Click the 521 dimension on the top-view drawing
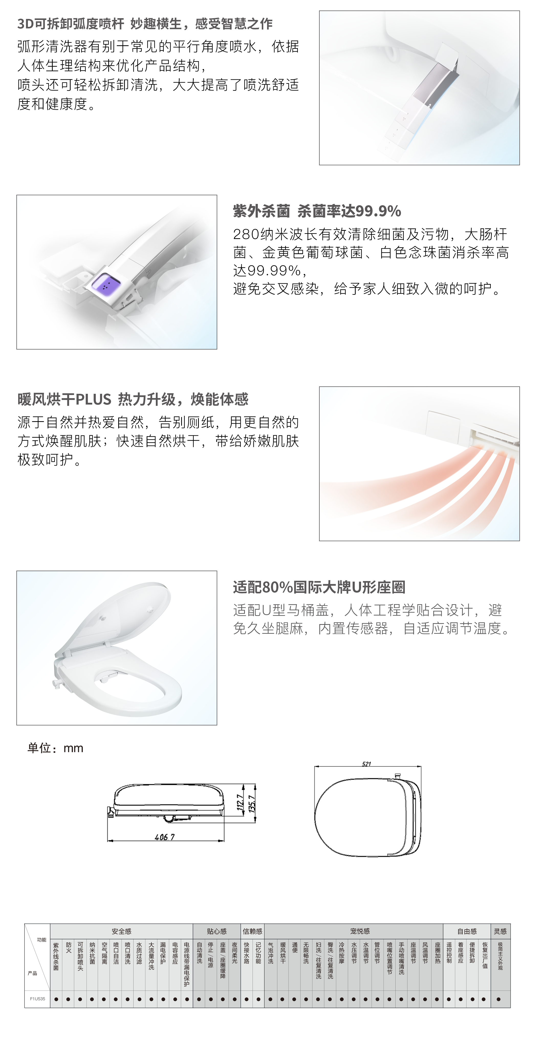366,764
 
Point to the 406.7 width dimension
165,837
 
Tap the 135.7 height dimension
252,804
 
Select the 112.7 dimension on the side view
240,803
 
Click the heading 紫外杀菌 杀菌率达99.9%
317,211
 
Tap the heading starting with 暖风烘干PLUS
133,400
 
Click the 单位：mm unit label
56,748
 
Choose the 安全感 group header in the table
122,931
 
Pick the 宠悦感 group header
360,931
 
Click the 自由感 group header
467,931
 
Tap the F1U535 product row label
38,999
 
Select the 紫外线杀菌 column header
56,956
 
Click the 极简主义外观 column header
500,956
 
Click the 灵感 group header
500,931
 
